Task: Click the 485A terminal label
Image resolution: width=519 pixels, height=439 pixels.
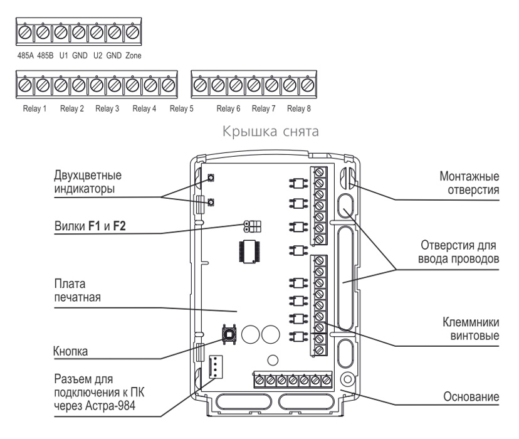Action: point(26,56)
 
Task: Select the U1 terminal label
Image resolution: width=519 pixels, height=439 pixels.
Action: point(64,56)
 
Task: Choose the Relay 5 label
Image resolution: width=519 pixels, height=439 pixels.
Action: point(181,108)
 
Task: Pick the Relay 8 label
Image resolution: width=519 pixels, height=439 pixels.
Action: point(299,108)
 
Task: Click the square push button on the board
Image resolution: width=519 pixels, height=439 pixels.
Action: point(229,334)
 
